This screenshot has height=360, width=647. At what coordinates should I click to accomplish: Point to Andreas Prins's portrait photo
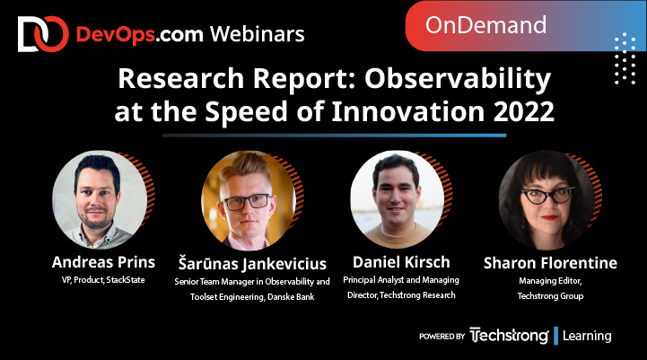click(x=99, y=200)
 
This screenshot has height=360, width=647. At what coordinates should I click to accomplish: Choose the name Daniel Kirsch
click(x=402, y=263)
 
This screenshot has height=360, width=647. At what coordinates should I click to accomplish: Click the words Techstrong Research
click(x=417, y=294)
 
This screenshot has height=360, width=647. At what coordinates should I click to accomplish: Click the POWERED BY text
click(x=442, y=337)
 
